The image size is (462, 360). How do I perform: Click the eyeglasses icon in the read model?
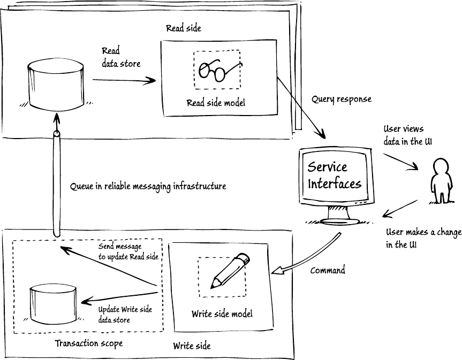(217, 70)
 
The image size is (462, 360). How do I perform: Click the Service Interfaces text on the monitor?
(334, 176)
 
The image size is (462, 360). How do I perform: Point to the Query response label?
(341, 99)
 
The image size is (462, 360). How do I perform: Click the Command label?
(328, 270)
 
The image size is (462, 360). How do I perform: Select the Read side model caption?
(216, 103)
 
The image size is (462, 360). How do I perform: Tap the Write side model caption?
(222, 314)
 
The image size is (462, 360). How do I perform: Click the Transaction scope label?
(88, 343)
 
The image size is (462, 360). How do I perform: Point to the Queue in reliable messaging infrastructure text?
(148, 186)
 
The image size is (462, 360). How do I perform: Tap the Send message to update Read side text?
(128, 251)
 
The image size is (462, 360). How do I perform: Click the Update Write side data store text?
(125, 315)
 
